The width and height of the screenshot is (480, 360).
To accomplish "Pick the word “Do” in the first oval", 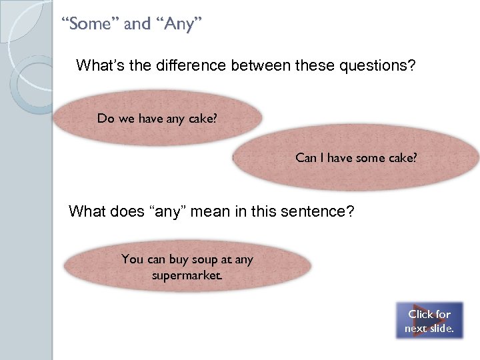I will (105, 119).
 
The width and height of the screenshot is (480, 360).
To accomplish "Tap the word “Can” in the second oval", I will (305, 158).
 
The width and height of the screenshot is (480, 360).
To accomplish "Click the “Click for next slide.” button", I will (429, 321).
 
